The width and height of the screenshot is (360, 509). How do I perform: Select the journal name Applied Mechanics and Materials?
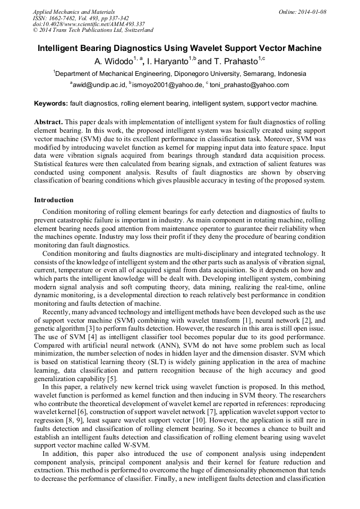[x=74, y=12]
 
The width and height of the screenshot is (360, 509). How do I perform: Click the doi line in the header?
[x=89, y=24]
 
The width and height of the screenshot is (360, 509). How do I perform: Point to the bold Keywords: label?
[x=51, y=103]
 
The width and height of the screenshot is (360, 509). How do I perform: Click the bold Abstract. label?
[x=48, y=122]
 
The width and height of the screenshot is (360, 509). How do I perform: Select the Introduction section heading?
[x=54, y=200]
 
